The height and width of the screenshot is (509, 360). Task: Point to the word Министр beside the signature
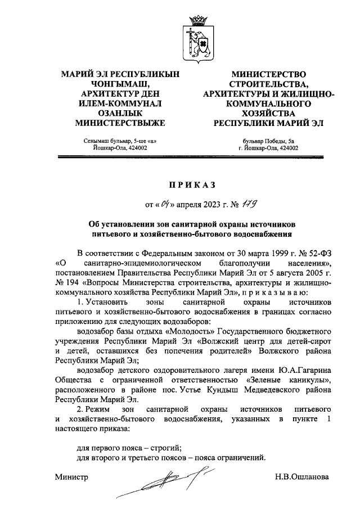pos(72,476)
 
